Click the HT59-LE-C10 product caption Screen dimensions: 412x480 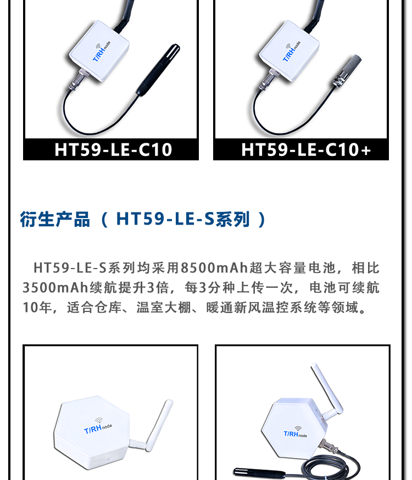tap(113, 150)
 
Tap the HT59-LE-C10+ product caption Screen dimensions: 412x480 tap(306, 150)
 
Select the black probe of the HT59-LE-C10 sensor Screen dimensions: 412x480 tap(158, 70)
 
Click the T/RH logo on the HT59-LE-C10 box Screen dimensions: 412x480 tap(102, 52)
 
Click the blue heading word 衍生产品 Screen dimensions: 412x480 tap(55, 219)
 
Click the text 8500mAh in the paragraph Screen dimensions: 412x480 tap(214, 268)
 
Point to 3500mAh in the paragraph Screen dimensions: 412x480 tap(55, 288)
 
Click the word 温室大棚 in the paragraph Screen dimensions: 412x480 tap(164, 308)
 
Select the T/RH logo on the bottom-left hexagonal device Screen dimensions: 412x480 tap(98, 427)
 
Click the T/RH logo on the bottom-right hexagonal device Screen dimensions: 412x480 tap(295, 433)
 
